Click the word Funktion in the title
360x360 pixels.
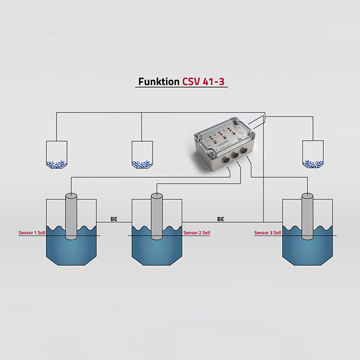(x=158, y=82)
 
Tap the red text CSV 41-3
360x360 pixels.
(x=203, y=82)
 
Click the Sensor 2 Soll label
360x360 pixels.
(x=197, y=233)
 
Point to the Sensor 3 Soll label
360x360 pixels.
(x=268, y=233)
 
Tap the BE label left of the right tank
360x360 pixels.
(x=220, y=219)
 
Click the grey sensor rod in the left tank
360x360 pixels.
(x=71, y=216)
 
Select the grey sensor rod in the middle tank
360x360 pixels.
(x=157, y=216)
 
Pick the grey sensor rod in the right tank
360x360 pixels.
(x=307, y=216)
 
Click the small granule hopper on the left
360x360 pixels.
(x=56, y=154)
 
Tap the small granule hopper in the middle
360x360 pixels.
(x=142, y=154)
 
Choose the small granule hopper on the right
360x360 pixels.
(x=312, y=154)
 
